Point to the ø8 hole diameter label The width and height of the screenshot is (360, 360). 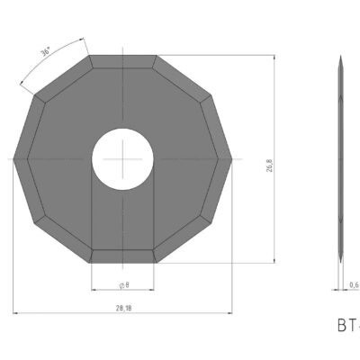coord(122,284)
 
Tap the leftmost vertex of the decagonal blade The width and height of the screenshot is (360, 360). coord(14,159)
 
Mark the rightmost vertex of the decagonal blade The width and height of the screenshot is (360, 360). coord(232,159)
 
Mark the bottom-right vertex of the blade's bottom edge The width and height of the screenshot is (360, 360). coord(157,263)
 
